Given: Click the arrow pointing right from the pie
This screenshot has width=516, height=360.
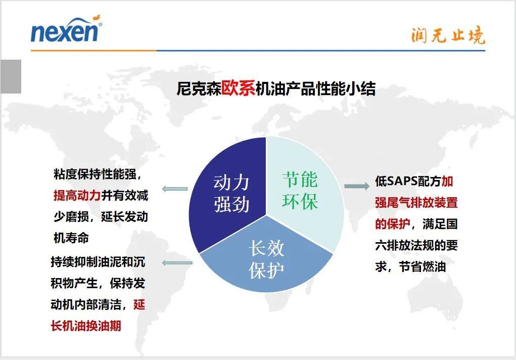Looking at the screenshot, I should tap(357, 186).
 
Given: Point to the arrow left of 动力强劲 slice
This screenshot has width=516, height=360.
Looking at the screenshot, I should tap(174, 189).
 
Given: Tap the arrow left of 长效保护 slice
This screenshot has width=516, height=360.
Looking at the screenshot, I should tap(177, 262).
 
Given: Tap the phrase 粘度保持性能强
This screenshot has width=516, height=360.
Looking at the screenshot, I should tap(95, 174).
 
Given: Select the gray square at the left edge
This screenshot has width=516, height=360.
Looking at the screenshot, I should tap(11, 76).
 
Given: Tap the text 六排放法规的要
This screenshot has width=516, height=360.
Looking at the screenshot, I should tap(416, 245).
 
